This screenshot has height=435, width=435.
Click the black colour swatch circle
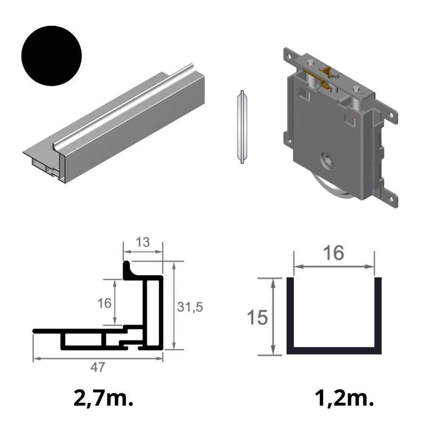(x=51, y=56)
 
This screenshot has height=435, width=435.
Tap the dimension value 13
(x=143, y=242)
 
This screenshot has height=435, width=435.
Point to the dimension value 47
(x=98, y=367)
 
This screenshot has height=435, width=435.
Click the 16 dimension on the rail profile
(x=105, y=303)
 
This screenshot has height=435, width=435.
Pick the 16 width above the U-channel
(x=333, y=253)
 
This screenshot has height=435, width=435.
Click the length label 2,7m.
(x=104, y=398)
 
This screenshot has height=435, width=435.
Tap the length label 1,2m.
(x=344, y=398)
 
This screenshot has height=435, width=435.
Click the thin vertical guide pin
(x=242, y=127)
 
